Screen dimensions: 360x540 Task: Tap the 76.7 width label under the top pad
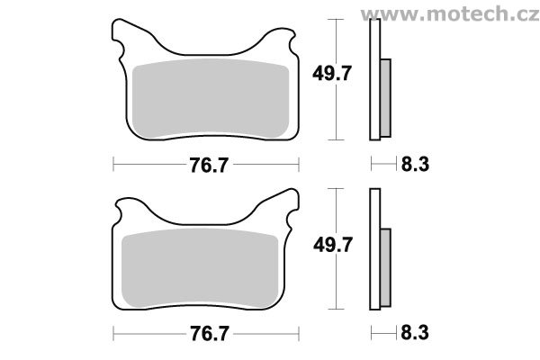[206, 165]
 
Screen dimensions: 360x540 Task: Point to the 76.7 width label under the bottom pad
[206, 332]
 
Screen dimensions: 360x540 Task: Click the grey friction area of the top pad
[206, 99]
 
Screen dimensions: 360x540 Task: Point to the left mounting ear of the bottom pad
[120, 211]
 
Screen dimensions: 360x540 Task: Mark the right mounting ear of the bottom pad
[290, 211]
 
